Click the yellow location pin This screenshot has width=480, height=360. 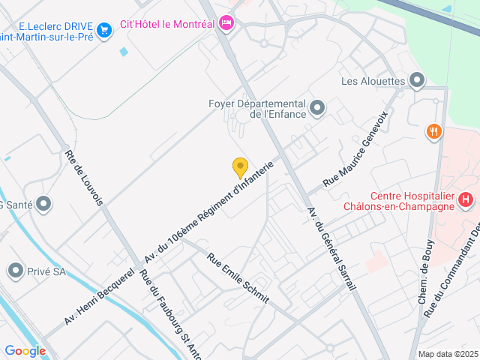240,167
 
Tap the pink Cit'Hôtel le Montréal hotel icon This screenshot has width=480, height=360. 226,24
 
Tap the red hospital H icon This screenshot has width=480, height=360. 466,199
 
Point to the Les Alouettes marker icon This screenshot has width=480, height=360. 418,80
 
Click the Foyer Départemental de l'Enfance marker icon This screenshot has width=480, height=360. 317,109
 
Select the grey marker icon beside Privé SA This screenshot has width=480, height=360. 16,271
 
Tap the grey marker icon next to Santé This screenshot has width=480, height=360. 43,203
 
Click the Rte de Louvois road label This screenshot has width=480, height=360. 84,177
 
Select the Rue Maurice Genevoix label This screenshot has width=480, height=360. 355,149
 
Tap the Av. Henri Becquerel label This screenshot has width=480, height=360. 99,295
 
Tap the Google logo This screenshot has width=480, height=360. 25,350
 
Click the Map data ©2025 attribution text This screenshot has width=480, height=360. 448,354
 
